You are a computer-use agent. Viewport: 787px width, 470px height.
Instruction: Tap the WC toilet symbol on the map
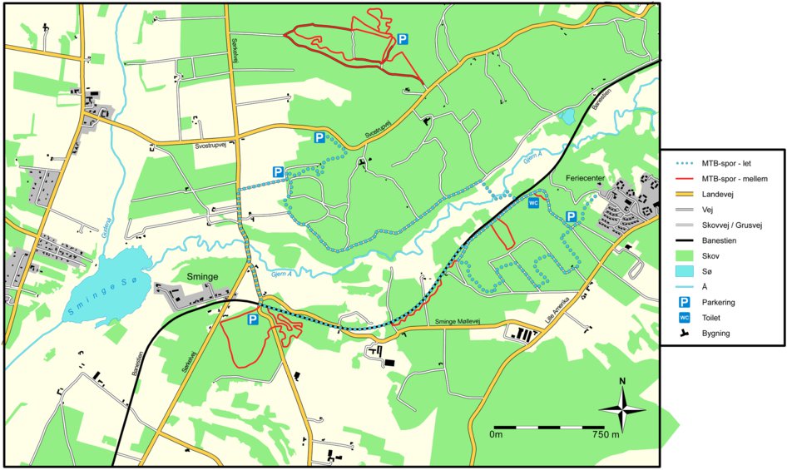tap(534, 202)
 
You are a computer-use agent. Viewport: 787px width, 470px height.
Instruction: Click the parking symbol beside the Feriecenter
tap(571, 217)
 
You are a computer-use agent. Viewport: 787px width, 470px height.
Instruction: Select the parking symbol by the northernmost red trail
tap(403, 39)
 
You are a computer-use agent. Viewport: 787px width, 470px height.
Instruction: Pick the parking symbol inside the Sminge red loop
tap(252, 319)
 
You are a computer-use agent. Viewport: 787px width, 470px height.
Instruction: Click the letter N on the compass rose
tap(623, 383)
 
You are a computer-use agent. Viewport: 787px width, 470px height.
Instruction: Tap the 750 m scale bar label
tap(605, 434)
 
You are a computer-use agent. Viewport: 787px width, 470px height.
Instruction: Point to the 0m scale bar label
tap(497, 434)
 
